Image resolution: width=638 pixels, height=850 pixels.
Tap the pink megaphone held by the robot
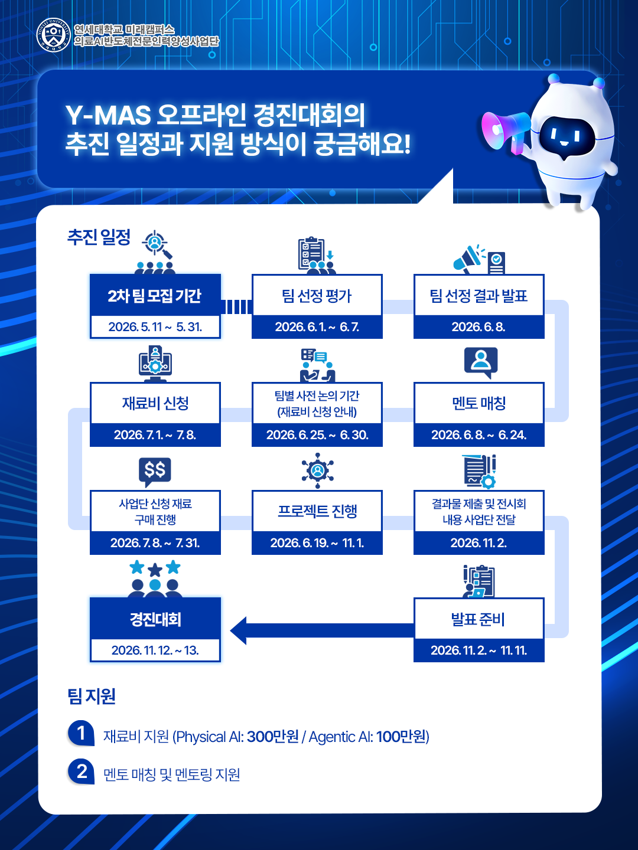pos(503,130)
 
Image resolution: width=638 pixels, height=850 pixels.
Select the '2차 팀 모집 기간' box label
pos(155,296)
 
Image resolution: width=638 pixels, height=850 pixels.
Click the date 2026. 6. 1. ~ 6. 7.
pos(317,327)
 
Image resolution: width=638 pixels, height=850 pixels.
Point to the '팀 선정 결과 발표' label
pos(479,296)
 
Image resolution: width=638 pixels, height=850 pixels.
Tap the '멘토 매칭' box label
pos(479,404)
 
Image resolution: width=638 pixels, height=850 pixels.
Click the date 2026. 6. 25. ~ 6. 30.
pos(317,435)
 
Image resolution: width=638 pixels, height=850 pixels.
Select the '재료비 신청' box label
pos(155,404)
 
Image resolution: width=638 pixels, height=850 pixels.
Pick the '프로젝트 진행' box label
pos(317,511)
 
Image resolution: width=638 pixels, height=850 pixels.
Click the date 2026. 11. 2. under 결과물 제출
pos(479,543)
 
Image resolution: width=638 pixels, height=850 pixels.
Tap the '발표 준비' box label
pos(478,619)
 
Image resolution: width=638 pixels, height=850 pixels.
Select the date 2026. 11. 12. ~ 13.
pos(155,650)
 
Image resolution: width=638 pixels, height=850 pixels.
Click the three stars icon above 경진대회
pos(155,568)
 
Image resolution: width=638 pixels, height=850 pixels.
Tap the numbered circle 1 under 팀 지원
pos(81,733)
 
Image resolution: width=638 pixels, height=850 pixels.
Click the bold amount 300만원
pos(273,737)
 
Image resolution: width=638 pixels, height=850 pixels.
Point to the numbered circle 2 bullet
pos(81,771)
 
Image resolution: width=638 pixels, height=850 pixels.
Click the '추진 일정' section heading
pos(99,237)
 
